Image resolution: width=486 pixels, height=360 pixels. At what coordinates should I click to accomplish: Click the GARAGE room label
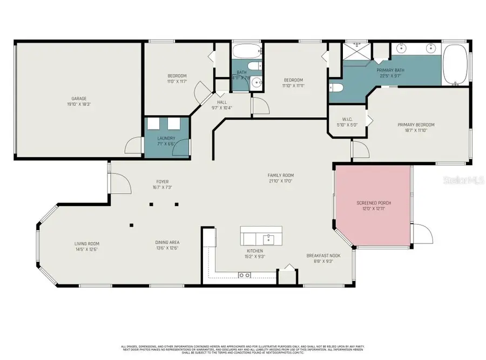tap(79, 99)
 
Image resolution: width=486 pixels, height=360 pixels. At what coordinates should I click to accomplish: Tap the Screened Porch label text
tap(374, 203)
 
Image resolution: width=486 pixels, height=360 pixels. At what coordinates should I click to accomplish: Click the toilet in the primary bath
tap(335, 87)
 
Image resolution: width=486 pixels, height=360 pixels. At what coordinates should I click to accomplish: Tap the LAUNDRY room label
tap(166, 138)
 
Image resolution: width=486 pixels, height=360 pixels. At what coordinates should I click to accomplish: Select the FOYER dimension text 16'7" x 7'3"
tap(163, 187)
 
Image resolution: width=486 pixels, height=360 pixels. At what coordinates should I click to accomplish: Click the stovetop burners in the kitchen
tap(244, 275)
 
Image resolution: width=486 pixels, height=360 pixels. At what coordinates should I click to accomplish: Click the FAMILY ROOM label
tap(281, 175)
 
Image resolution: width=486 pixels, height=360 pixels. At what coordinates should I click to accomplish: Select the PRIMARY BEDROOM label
tap(416, 125)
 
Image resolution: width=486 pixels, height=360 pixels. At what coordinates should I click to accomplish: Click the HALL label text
tap(222, 102)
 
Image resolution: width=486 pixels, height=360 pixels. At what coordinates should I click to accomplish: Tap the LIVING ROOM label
tap(86, 243)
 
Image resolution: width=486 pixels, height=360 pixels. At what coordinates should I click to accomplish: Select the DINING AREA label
tap(167, 242)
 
